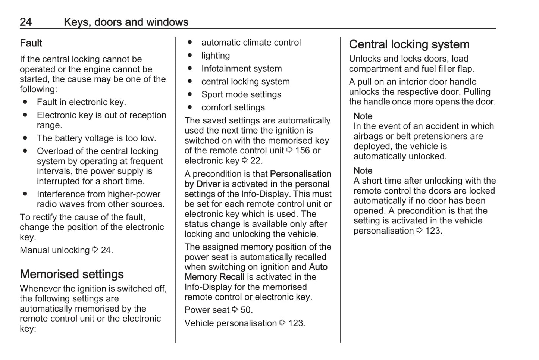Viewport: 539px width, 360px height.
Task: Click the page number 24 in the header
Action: tap(26, 22)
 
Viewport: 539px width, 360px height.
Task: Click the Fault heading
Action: tap(31, 43)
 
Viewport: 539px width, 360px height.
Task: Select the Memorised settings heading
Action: tap(72, 274)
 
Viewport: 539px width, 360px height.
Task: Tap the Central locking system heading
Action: tap(409, 44)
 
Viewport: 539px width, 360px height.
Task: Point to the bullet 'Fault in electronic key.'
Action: tap(81, 102)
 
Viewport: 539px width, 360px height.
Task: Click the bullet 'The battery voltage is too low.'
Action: tap(96, 138)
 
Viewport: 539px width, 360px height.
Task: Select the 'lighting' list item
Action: tap(216, 56)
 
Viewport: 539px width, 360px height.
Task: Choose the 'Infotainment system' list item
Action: tap(241, 69)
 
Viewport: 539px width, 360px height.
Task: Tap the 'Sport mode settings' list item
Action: tap(241, 94)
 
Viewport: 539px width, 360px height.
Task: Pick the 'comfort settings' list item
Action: tap(233, 107)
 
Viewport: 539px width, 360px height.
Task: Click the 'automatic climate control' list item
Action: tap(251, 43)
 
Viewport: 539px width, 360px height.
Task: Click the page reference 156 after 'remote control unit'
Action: tap(302, 151)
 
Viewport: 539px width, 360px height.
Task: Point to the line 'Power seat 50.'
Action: tap(218, 310)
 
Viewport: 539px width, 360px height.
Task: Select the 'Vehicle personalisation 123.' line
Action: tap(244, 323)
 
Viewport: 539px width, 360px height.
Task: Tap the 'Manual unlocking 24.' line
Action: tap(66, 250)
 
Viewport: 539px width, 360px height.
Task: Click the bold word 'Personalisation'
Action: tap(300, 174)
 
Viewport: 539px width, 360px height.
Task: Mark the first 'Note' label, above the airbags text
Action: tap(363, 116)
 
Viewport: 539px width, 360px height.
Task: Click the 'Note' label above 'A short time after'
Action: tap(363, 171)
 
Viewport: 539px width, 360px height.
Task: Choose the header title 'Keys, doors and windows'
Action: tap(126, 22)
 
